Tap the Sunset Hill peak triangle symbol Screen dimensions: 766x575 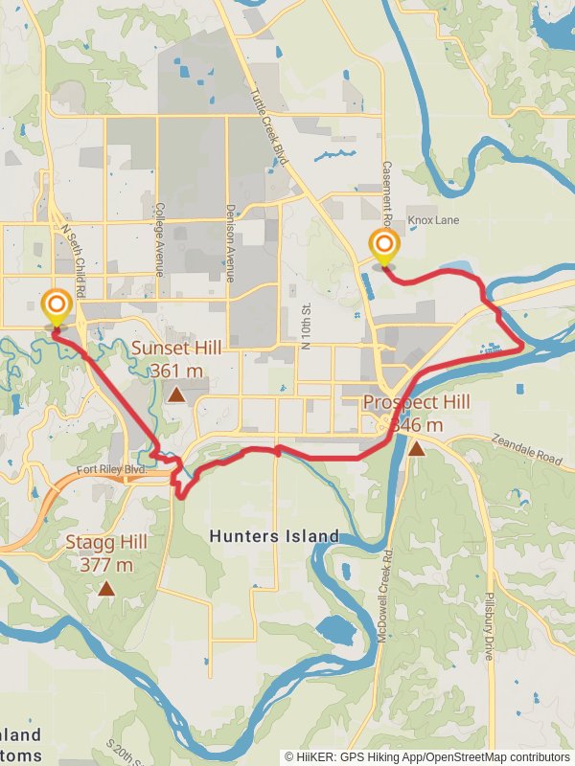pos(176,394)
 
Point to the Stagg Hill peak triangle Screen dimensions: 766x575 pos(106,589)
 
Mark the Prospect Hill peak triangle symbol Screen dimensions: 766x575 pos(416,447)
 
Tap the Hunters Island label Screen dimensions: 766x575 pos(274,536)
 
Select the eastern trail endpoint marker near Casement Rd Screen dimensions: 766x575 pos(383,245)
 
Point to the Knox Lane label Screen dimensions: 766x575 pos(433,220)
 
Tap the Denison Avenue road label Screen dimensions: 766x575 pos(230,242)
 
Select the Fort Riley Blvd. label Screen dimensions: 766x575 pos(113,469)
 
